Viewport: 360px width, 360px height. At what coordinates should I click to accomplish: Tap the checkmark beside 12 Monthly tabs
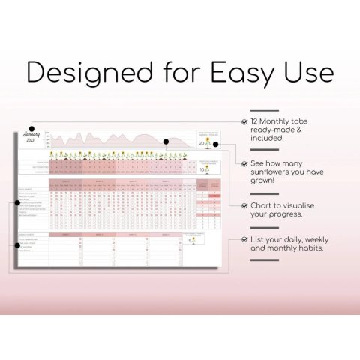click(245, 121)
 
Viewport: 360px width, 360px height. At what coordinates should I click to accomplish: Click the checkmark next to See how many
click(245, 162)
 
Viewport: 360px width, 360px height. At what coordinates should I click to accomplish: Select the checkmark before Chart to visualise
click(245, 204)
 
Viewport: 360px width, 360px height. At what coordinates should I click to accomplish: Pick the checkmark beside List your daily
click(245, 239)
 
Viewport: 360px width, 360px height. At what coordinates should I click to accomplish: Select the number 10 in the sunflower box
click(201, 170)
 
